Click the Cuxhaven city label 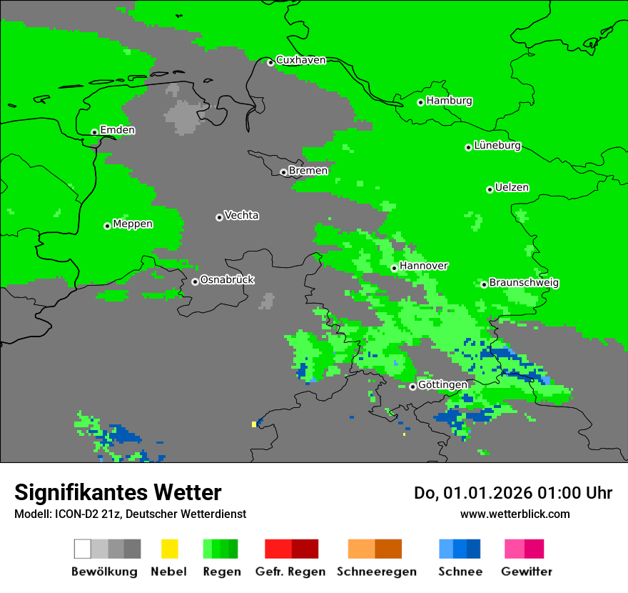coord(300,60)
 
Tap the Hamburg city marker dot coord(421,102)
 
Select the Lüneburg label coord(497,146)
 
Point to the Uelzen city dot coord(490,189)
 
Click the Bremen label coord(308,171)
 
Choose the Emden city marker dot coord(94,132)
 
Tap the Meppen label coord(133,224)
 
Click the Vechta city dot coord(219,217)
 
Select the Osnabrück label coord(227,280)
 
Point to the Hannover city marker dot coord(394,268)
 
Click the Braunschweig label coord(524,283)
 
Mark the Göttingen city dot coord(412,387)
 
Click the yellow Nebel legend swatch coord(169,549)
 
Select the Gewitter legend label coord(527,572)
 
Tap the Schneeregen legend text coord(377,572)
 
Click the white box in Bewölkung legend coord(83,549)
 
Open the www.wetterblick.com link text coord(515,514)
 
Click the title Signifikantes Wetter coord(118,492)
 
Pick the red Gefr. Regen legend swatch coord(278,549)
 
